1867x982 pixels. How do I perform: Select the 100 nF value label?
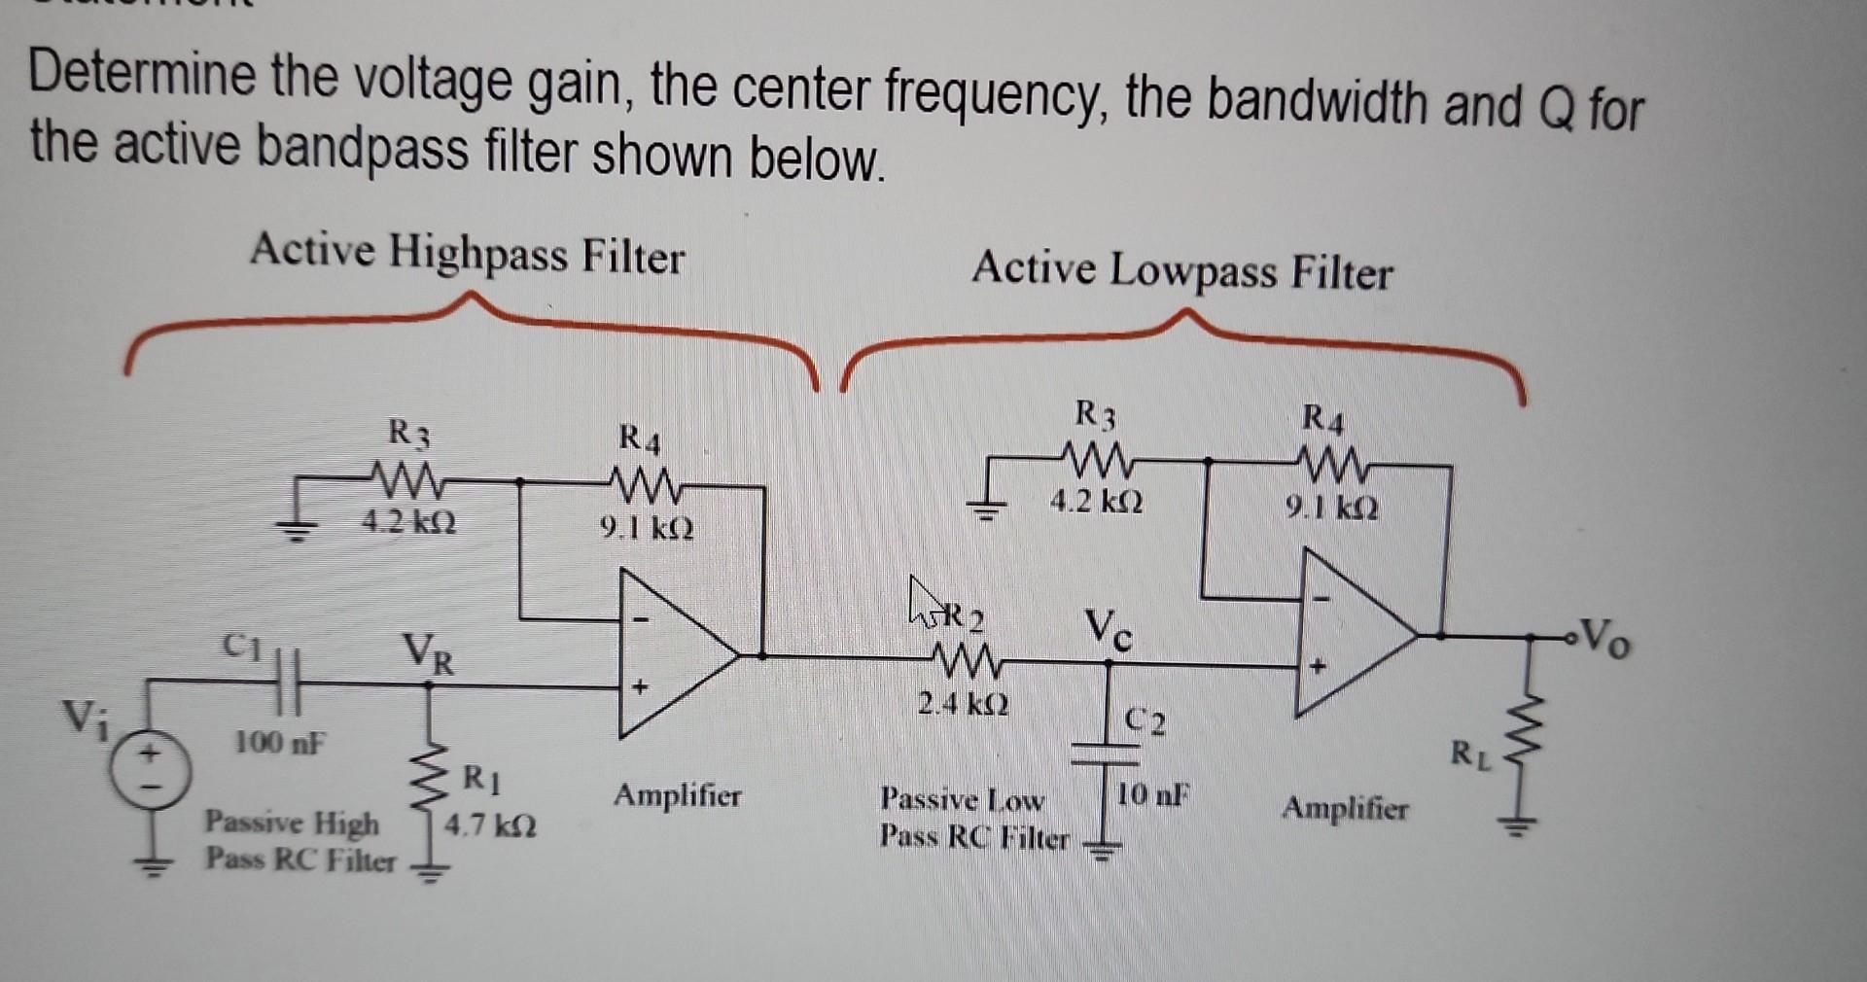click(281, 744)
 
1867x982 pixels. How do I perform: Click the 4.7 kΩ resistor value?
click(489, 827)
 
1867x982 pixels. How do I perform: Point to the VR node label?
click(427, 654)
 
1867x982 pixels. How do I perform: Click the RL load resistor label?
click(1469, 754)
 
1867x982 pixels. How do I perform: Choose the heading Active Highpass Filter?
click(467, 254)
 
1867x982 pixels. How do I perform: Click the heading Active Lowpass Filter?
click(1181, 269)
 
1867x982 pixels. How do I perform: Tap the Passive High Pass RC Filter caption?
click(299, 841)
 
